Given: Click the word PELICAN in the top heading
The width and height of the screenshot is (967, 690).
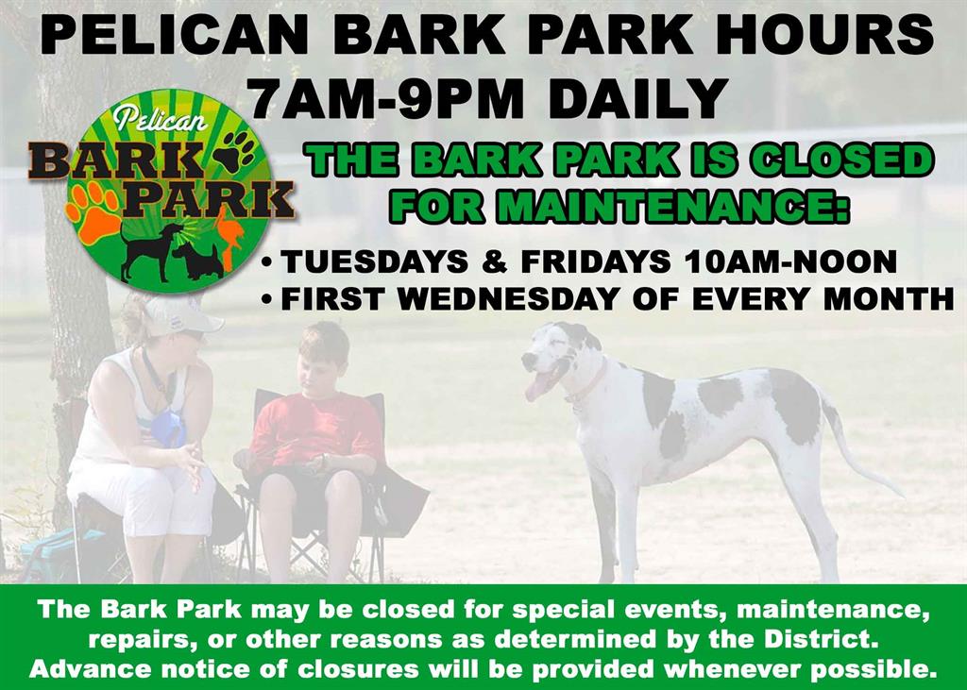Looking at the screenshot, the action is click(174, 35).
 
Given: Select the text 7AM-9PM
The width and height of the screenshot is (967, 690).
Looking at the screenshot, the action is click(386, 98).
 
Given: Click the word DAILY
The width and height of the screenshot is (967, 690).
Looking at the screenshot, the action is click(638, 98).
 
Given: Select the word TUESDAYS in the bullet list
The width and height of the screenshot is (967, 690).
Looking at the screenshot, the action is click(374, 262).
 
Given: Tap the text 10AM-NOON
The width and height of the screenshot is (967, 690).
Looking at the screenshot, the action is click(790, 262).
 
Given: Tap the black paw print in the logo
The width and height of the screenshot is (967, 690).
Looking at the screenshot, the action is click(235, 150).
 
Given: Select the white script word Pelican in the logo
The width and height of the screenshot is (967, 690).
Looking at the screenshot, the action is click(160, 117).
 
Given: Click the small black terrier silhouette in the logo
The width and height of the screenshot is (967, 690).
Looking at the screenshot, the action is click(197, 261).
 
